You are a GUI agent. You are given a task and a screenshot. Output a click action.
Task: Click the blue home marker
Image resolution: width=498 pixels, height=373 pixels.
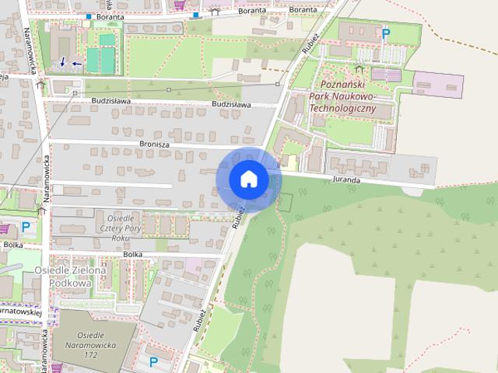(247, 180)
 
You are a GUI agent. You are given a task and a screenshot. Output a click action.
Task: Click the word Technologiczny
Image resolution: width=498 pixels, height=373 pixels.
(343, 108)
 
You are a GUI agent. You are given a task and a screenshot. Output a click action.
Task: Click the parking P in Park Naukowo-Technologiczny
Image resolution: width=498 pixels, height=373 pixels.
(385, 33)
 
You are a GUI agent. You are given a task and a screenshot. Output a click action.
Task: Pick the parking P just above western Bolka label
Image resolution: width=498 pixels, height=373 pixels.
(26, 228)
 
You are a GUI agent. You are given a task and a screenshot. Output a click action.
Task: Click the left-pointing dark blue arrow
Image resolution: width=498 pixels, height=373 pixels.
(76, 64)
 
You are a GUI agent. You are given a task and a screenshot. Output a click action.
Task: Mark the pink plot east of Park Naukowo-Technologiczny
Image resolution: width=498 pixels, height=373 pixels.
(437, 82)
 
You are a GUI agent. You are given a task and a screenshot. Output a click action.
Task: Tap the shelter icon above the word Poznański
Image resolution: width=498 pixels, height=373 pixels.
(359, 70)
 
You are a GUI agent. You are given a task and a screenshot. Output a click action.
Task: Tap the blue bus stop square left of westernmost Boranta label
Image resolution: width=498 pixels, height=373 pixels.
(89, 16)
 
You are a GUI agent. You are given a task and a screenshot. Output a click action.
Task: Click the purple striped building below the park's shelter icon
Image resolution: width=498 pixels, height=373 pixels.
(386, 75)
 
